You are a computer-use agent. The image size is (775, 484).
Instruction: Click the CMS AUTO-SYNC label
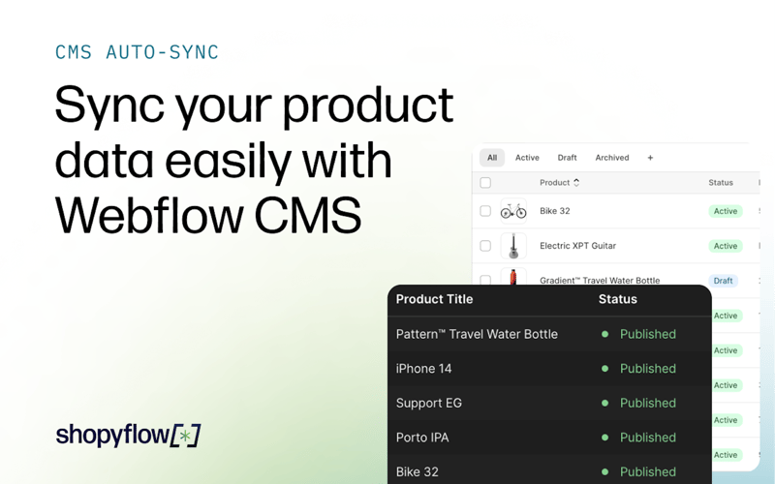[x=137, y=51]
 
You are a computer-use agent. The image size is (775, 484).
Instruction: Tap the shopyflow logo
[x=128, y=436]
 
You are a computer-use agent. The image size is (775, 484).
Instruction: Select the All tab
[x=492, y=158]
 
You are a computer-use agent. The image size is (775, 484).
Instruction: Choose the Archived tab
[x=611, y=158]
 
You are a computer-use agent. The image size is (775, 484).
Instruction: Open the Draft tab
[x=567, y=158]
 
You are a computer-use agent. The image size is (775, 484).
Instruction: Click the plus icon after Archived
[x=650, y=158]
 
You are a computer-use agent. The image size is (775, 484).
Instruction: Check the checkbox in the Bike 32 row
[x=485, y=211]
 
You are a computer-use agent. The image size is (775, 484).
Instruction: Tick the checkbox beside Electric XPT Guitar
[x=485, y=246]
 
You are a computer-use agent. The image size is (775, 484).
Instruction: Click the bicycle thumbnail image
[x=513, y=211]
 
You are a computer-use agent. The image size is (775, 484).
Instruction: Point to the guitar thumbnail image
[x=513, y=246]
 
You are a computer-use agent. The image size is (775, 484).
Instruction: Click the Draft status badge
[x=723, y=281]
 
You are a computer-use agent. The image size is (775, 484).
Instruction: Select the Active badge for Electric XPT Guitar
[x=725, y=246]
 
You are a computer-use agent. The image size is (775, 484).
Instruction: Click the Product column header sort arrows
[x=576, y=182]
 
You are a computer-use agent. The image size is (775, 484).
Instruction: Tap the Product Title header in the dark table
[x=434, y=299]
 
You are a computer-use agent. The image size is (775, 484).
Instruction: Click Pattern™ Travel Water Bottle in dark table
[x=477, y=334]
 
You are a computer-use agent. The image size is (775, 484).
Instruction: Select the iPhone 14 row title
[x=423, y=369]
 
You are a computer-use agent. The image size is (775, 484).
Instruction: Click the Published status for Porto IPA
[x=647, y=438]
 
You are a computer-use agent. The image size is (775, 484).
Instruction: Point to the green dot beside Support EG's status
[x=605, y=403]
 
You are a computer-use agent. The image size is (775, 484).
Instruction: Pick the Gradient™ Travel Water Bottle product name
[x=599, y=281]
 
